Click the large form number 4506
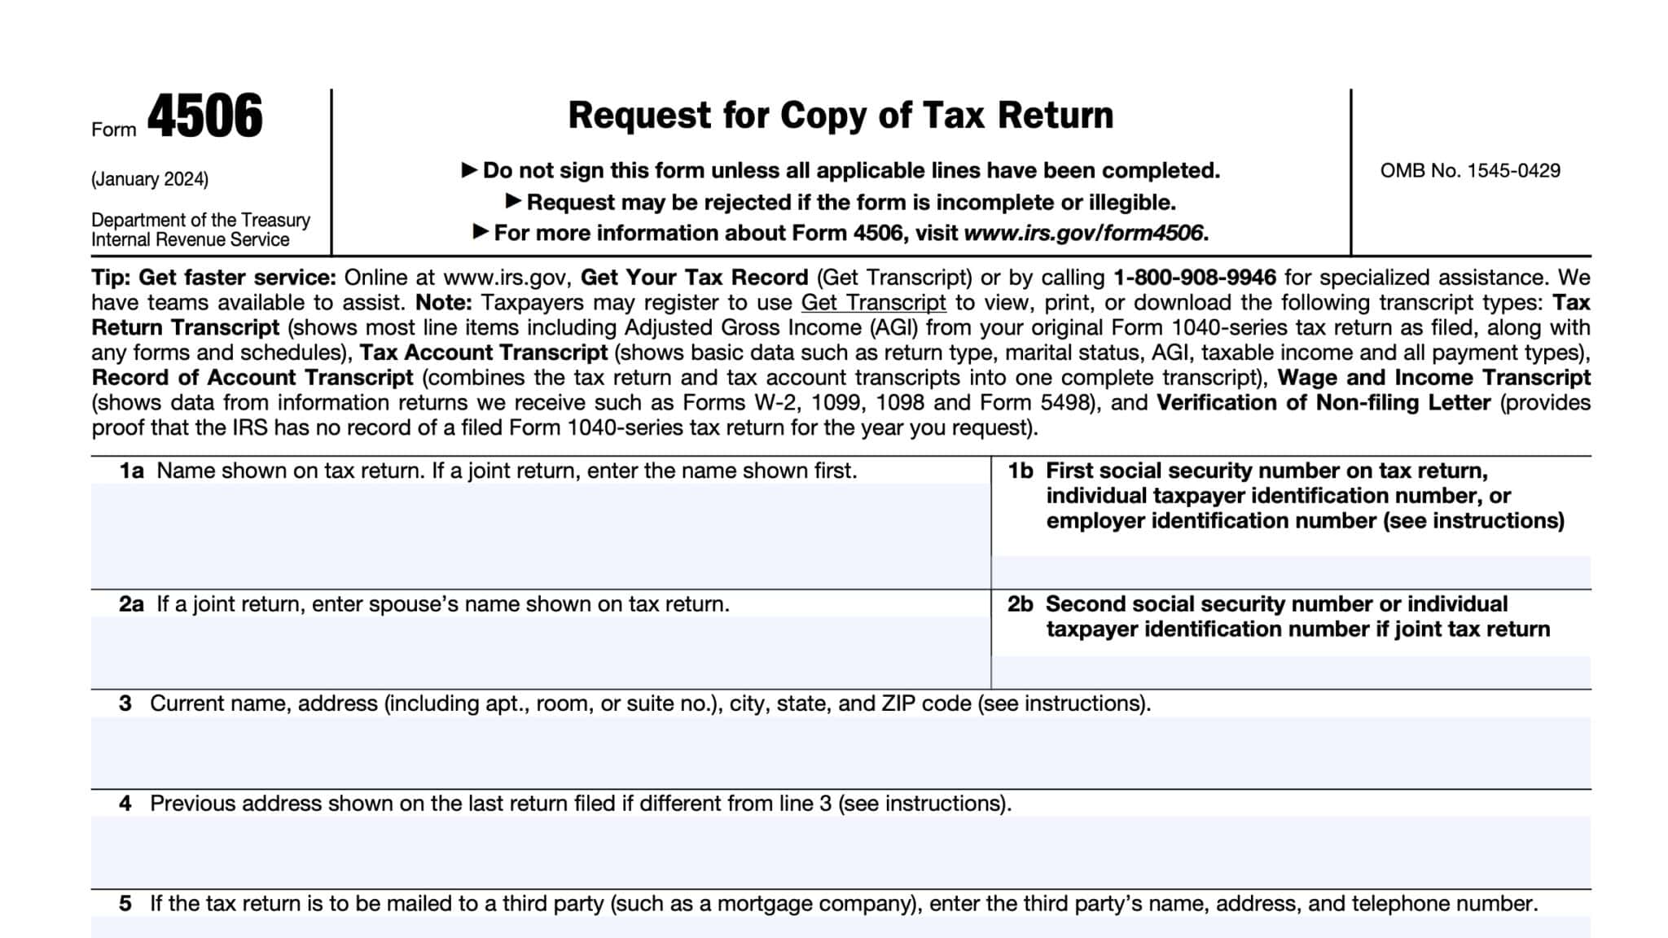(205, 117)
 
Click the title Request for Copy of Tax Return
(840, 115)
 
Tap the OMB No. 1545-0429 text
(1469, 171)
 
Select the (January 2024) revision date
(150, 179)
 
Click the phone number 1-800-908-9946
(1194, 278)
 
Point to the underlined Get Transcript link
(873, 303)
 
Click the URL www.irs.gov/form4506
(1082, 233)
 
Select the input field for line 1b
(1290, 572)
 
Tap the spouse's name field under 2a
(540, 651)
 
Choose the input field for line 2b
(1290, 672)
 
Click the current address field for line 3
(840, 752)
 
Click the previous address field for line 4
(840, 851)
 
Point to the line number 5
(125, 904)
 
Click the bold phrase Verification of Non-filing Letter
(1323, 403)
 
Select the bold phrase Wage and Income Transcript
(1433, 378)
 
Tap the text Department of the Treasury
(200, 220)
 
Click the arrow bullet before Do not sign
(469, 170)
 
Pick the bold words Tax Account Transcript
(484, 353)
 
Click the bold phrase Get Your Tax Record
(694, 278)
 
